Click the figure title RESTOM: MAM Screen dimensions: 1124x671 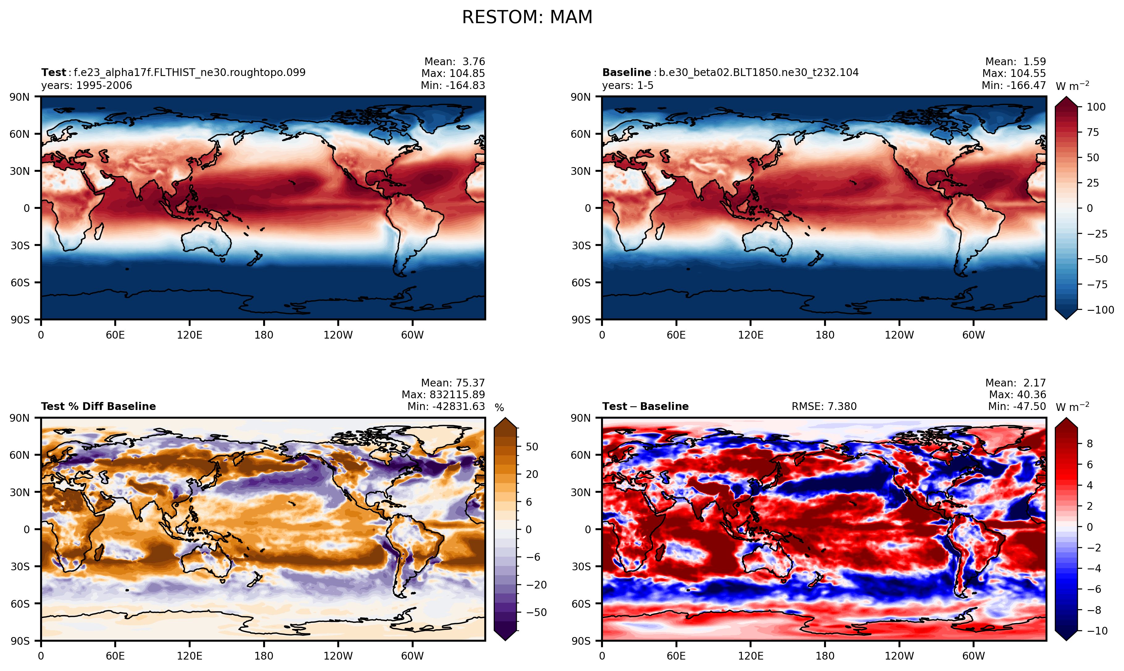[x=527, y=18]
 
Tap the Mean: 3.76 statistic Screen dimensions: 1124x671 [x=455, y=61]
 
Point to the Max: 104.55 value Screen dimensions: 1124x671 [x=1014, y=73]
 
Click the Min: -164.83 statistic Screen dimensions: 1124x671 [x=453, y=86]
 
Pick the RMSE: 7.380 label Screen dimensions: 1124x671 [x=824, y=407]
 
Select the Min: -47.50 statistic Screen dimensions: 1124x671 [x=1017, y=407]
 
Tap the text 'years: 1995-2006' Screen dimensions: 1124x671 [x=87, y=86]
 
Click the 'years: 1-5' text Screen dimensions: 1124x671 [x=628, y=86]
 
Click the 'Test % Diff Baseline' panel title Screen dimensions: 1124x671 [x=99, y=407]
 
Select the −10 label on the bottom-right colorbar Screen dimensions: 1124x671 [x=1097, y=631]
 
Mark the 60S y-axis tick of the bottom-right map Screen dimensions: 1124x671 [x=581, y=604]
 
